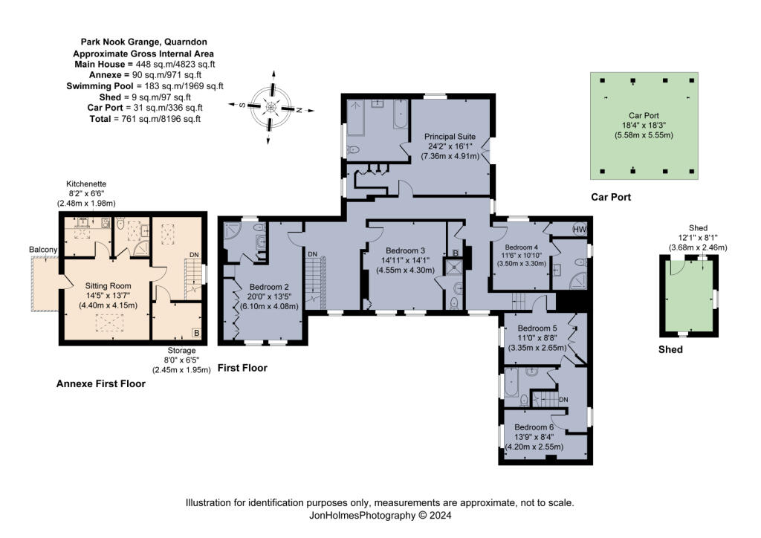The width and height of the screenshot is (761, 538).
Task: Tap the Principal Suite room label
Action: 450,137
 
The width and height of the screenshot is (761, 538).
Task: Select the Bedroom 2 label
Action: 268,287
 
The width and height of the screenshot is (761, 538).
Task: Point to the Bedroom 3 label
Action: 406,250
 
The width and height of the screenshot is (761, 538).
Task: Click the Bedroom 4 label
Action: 520,247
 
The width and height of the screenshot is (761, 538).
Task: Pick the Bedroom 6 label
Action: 534,427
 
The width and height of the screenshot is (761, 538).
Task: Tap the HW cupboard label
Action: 580,230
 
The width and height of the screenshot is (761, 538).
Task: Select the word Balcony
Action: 43,249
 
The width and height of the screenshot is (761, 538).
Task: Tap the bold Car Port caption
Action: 610,198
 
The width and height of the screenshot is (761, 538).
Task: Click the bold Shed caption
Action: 670,349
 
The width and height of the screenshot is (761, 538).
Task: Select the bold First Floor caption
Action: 242,368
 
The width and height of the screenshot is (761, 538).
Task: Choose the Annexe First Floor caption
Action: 100,384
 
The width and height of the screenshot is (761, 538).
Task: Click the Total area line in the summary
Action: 140,118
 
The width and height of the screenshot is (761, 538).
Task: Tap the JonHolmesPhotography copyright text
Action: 380,515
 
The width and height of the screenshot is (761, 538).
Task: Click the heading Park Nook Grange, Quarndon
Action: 140,43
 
